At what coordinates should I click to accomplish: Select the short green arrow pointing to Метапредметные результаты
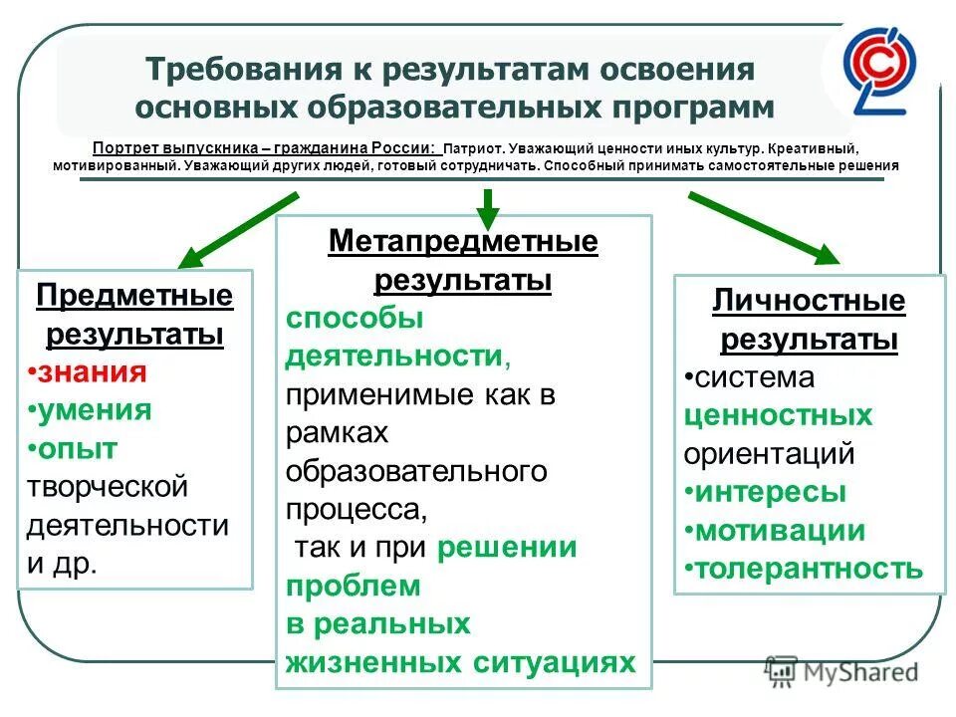pyautogui.click(x=487, y=206)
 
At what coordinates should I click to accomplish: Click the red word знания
pyautogui.click(x=91, y=372)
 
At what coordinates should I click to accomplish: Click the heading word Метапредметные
pyautogui.click(x=463, y=242)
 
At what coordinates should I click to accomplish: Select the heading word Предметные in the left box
pyautogui.click(x=134, y=296)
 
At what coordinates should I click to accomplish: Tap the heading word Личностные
pyautogui.click(x=809, y=302)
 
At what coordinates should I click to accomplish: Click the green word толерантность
pyautogui.click(x=809, y=569)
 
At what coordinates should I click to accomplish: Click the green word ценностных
pyautogui.click(x=778, y=415)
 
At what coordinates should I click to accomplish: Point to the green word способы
pyautogui.click(x=355, y=319)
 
